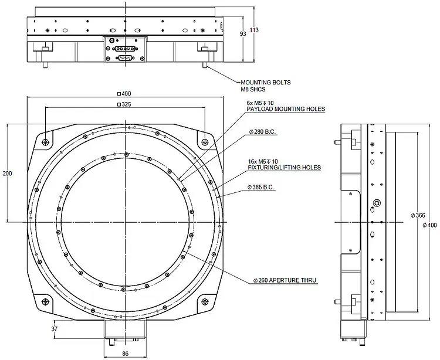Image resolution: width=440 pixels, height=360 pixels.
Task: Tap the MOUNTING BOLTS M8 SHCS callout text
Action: [x=265, y=86]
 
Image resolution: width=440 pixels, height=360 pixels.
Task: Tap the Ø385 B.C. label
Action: [x=262, y=187]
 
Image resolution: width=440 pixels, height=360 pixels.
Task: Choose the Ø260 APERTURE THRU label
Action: [x=285, y=281]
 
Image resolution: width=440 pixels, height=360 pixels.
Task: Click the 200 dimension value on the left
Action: [x=6, y=174]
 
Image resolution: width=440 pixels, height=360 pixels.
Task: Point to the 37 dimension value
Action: [x=55, y=329]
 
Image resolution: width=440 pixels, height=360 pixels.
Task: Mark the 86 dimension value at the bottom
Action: [x=124, y=354]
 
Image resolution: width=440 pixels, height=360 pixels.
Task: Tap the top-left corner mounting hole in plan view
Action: [x=45, y=141]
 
